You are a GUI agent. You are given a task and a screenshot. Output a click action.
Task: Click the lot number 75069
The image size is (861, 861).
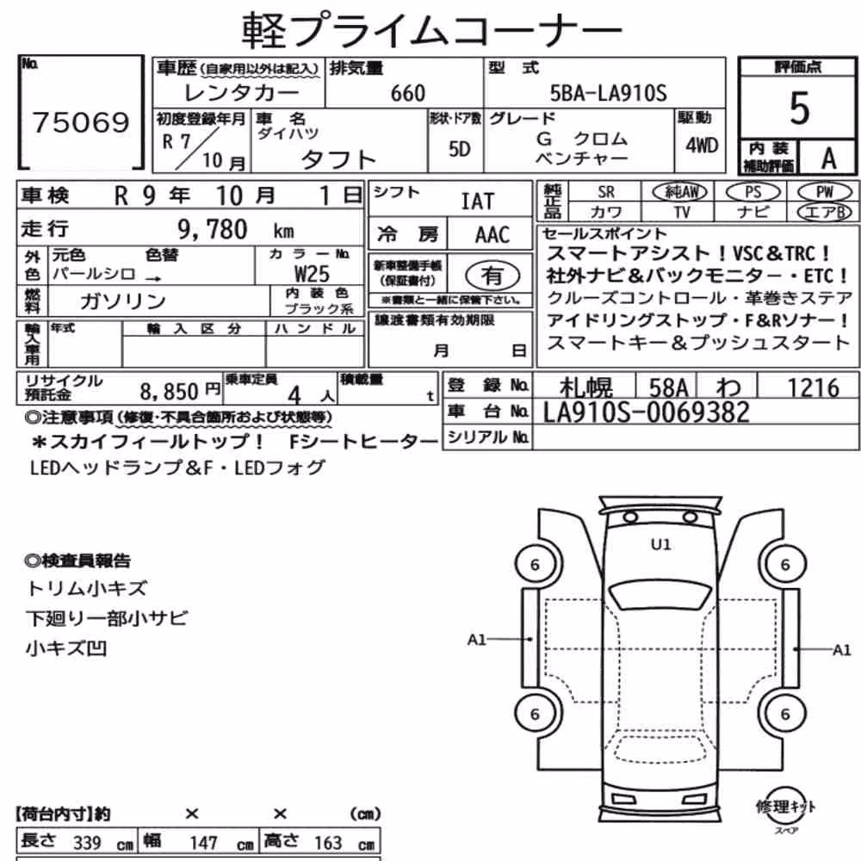point(81,122)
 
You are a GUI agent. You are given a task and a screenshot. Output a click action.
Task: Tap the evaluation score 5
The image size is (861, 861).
point(799,108)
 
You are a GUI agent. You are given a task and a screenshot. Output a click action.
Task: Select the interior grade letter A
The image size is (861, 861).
point(828,158)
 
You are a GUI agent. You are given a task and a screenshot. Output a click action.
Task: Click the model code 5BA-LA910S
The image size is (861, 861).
point(609,93)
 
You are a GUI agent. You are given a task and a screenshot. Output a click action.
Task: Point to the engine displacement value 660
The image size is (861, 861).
point(407,93)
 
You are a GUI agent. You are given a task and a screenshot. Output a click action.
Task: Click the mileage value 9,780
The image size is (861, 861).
point(213,229)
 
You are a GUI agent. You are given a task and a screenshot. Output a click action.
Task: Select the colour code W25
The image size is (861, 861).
point(312,274)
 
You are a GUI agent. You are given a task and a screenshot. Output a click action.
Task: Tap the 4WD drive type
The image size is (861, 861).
point(702,145)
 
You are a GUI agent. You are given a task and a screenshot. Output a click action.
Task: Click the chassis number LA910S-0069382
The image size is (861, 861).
point(647,412)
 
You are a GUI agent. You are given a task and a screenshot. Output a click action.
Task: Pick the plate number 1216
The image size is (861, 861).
point(814,387)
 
